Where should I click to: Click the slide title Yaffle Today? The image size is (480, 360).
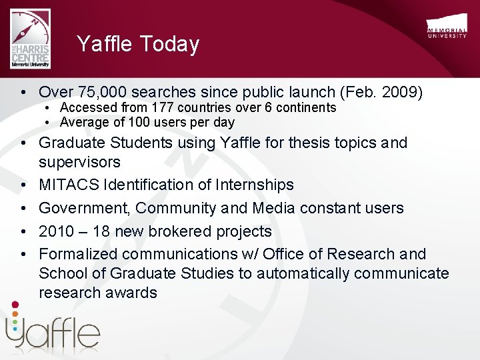(138, 44)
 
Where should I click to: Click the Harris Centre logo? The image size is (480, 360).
(30, 39)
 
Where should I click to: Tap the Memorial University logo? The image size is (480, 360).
(447, 29)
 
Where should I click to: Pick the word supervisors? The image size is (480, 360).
(79, 162)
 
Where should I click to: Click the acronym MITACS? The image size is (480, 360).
(69, 185)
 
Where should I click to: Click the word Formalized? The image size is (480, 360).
(78, 254)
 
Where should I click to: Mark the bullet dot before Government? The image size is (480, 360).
(23, 208)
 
